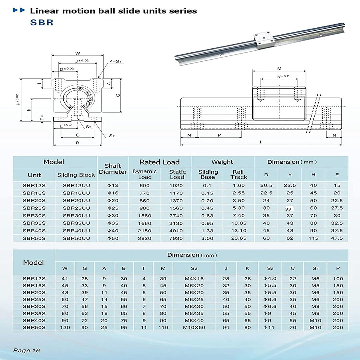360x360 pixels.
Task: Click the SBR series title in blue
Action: [x=42, y=23]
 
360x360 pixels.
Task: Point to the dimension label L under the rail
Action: [x=261, y=142]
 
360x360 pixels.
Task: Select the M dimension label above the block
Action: [x=279, y=68]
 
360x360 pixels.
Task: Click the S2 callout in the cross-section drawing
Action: [x=112, y=136]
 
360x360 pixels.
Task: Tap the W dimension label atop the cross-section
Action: [x=78, y=53]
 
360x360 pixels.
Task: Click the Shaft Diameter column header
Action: [x=113, y=169]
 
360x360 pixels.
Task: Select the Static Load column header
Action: [x=177, y=174]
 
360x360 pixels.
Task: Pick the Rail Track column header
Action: [x=239, y=174]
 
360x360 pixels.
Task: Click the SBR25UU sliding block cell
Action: [x=76, y=208]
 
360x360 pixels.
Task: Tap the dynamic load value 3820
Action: [x=144, y=238]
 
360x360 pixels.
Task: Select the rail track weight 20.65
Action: [x=239, y=238]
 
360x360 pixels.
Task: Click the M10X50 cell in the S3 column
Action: [x=194, y=327]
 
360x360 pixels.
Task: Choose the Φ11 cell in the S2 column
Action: [x=270, y=327]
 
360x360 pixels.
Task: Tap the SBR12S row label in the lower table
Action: [x=34, y=279]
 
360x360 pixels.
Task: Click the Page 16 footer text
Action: [x=26, y=350]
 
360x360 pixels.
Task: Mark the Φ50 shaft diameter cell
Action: [x=113, y=238]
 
